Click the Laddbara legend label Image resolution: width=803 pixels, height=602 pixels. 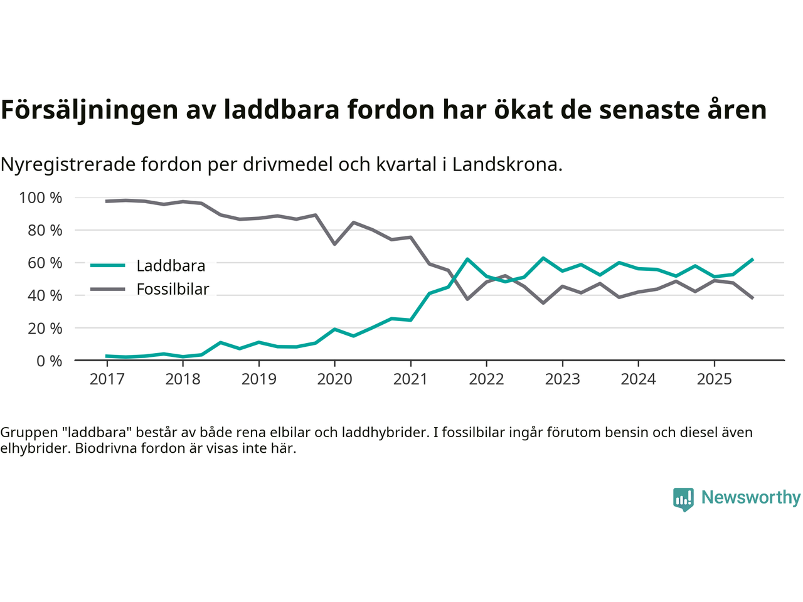click(x=171, y=266)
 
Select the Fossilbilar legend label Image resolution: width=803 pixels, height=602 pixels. click(x=173, y=289)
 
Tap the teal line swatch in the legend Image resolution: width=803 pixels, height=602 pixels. click(x=108, y=265)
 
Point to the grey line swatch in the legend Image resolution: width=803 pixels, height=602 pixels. click(x=108, y=289)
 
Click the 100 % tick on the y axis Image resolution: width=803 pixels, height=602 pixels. click(x=41, y=198)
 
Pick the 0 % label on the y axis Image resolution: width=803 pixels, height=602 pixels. click(x=48, y=361)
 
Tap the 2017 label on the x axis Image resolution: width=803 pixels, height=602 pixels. click(x=107, y=379)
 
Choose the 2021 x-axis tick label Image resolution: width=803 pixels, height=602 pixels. click(x=410, y=379)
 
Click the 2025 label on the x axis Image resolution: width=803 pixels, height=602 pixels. click(x=714, y=379)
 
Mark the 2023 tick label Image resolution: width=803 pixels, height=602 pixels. click(x=562, y=379)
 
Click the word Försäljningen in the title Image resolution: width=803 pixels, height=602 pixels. click(x=89, y=110)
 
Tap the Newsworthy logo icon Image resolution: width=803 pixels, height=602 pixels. click(x=683, y=499)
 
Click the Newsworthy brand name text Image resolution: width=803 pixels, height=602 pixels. click(x=751, y=497)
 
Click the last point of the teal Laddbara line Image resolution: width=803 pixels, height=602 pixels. click(x=752, y=259)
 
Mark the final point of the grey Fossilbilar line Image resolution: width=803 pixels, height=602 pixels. click(x=752, y=298)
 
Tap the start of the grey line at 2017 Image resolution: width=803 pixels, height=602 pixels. click(x=107, y=201)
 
